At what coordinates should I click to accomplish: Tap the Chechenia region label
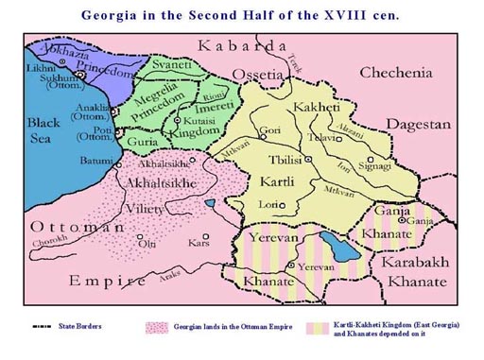coord(395,73)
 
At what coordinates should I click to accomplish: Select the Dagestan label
coord(417,124)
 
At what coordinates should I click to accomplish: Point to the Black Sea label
coord(43,130)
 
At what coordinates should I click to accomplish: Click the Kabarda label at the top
coord(241,45)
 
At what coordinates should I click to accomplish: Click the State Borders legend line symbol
coord(39,327)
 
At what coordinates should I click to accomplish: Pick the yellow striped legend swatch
coord(314,327)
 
